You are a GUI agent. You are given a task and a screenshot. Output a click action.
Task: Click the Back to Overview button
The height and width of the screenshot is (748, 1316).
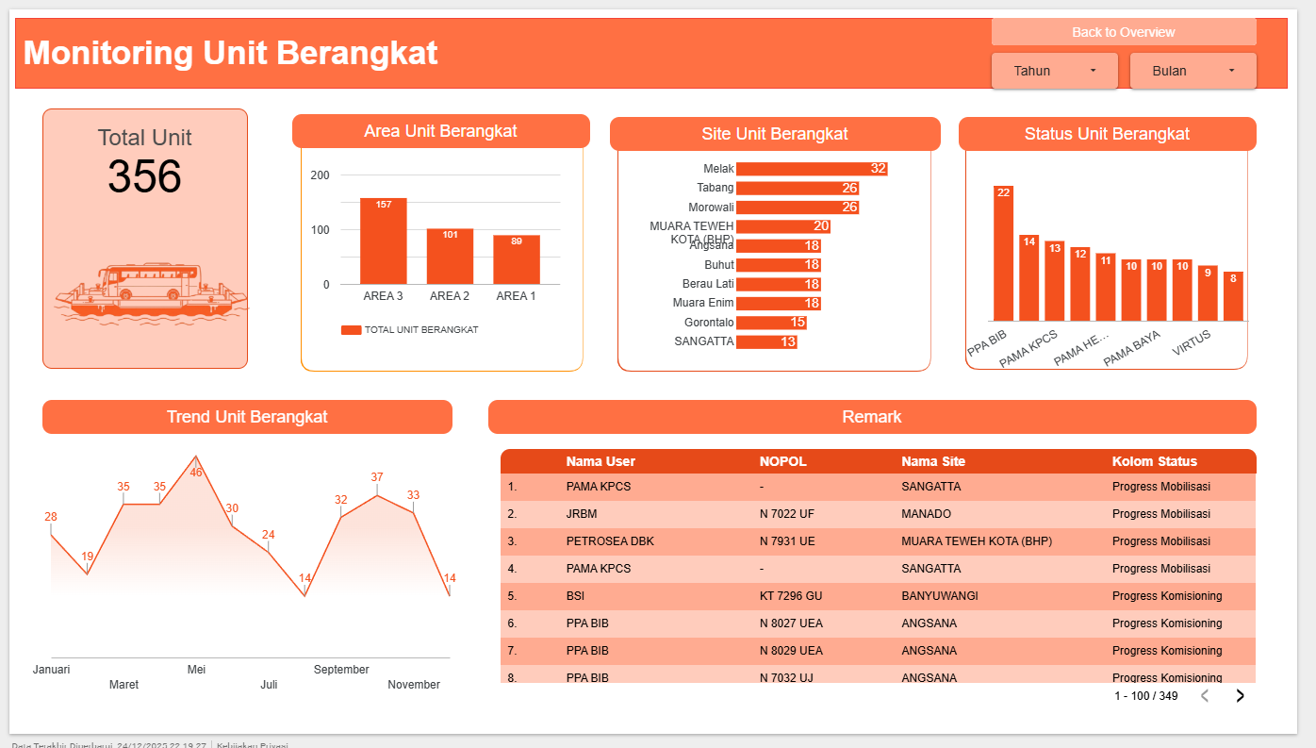pos(1123,32)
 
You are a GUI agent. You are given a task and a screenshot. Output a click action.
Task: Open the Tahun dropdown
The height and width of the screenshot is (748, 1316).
pos(1054,71)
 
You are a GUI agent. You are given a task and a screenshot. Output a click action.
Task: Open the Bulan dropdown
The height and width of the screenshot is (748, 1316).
pos(1193,71)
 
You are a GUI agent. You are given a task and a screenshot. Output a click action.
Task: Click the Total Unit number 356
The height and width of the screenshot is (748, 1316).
pos(144,176)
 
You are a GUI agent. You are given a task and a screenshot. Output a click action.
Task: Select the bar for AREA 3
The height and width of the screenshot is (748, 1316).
pos(383,241)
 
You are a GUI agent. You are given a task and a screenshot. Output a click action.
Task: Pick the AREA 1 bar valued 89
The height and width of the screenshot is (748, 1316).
pos(516,260)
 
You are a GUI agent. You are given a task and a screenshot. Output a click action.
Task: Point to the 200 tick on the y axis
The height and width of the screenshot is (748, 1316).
pos(321,175)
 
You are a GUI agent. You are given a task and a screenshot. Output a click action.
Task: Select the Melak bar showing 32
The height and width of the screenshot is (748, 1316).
pos(811,169)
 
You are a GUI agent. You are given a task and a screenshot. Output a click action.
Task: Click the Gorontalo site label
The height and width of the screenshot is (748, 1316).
pos(709,323)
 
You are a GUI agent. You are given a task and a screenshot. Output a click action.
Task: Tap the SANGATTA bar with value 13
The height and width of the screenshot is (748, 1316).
pos(765,341)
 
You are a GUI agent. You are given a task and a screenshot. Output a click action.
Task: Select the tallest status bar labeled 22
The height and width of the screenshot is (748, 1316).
pos(1003,253)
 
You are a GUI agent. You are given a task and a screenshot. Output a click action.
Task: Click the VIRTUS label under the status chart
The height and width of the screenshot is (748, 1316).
pos(1192,337)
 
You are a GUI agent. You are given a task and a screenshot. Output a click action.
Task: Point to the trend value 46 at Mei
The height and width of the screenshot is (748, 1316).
pos(196,472)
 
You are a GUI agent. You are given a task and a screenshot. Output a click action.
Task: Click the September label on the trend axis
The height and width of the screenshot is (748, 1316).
pos(341,670)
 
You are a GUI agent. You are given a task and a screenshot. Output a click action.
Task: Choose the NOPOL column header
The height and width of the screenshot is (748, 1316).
pos(782,461)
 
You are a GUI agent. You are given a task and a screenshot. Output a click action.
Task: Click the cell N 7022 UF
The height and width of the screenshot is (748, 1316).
pos(787,514)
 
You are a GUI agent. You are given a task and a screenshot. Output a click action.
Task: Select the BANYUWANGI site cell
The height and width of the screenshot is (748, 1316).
pos(939,596)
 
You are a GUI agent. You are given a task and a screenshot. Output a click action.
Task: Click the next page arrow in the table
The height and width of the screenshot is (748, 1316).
pos(1240,696)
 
